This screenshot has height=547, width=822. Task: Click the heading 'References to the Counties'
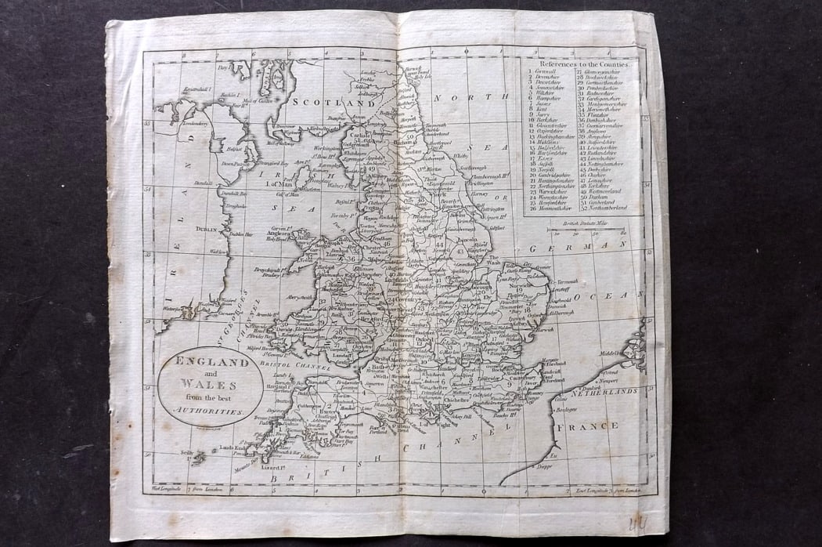pos(583,63)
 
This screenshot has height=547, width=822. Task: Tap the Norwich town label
pos(520,285)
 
